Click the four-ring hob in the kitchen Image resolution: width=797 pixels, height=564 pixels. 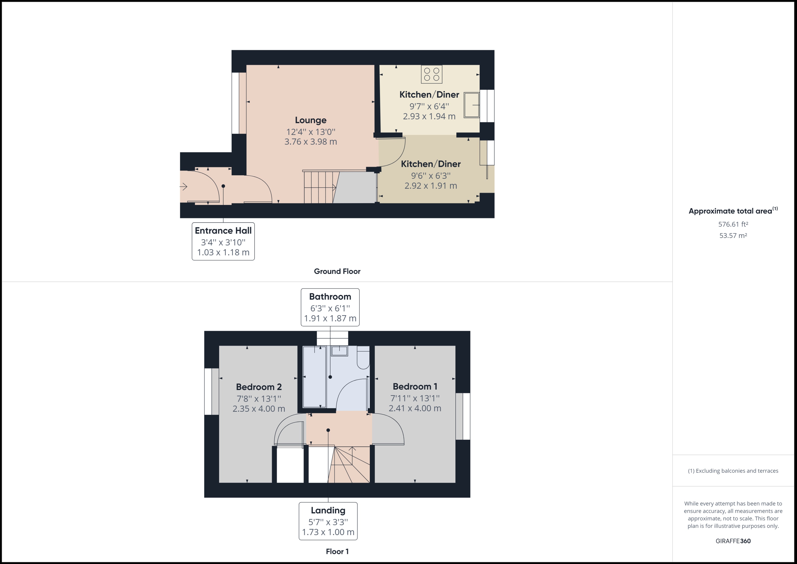pyautogui.click(x=431, y=74)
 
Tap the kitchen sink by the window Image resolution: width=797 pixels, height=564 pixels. pyautogui.click(x=471, y=105)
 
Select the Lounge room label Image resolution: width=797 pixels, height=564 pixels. pyautogui.click(x=310, y=120)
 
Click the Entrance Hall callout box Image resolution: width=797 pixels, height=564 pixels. pyautogui.click(x=223, y=241)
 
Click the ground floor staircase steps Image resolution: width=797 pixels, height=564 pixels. pyautogui.click(x=319, y=188)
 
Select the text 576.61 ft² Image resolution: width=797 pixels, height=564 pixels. pyautogui.click(x=733, y=224)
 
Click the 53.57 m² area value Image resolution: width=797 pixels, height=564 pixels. pyautogui.click(x=733, y=235)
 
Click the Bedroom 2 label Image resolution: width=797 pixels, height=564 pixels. pyautogui.click(x=259, y=387)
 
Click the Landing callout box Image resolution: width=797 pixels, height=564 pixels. pyautogui.click(x=328, y=521)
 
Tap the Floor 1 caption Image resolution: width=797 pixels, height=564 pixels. pyautogui.click(x=337, y=551)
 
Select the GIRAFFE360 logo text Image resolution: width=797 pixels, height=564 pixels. pyautogui.click(x=733, y=541)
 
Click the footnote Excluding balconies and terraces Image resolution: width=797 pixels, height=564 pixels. pyautogui.click(x=733, y=471)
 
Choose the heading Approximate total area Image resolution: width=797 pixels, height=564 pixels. pyautogui.click(x=730, y=211)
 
